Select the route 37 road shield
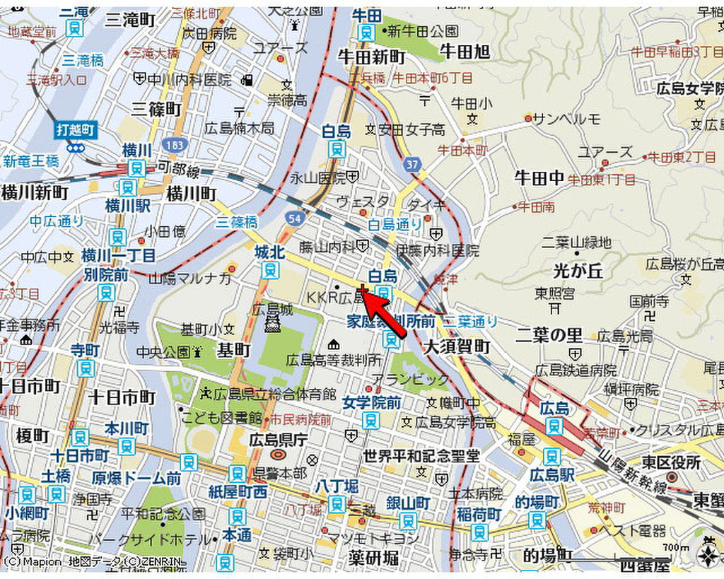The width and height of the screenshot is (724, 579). (413, 165)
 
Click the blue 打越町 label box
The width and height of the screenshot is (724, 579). (76, 130)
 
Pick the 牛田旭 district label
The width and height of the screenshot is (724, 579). (465, 51)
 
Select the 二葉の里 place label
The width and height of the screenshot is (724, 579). (549, 334)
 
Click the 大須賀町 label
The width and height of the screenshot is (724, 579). (457, 346)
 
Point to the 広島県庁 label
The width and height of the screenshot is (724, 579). (278, 440)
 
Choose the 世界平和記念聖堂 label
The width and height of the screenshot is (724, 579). (421, 456)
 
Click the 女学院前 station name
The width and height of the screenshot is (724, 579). (371, 403)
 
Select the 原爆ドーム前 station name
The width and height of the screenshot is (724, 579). (136, 479)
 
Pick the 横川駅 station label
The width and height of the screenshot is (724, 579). (128, 206)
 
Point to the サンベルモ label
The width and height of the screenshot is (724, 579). (566, 118)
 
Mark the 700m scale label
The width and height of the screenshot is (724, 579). (676, 547)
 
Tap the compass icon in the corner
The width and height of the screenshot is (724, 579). (708, 556)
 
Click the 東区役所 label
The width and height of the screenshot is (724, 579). (671, 462)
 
